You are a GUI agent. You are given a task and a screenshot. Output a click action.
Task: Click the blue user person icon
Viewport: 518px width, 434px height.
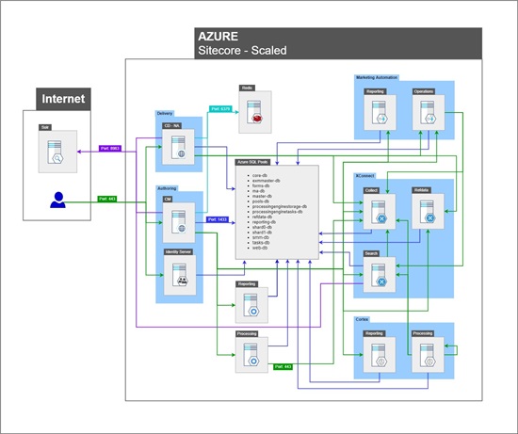click(x=58, y=200)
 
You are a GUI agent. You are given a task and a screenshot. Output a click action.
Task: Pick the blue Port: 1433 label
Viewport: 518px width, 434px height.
click(x=218, y=219)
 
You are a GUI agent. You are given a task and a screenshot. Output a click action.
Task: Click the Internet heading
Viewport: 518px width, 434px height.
click(x=61, y=99)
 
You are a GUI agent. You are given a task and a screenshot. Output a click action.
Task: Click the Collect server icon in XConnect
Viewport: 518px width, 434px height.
click(x=380, y=216)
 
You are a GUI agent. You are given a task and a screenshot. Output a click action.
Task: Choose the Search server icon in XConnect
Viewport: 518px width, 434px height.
click(x=380, y=277)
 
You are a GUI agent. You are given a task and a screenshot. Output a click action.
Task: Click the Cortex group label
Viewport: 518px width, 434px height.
click(x=363, y=320)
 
